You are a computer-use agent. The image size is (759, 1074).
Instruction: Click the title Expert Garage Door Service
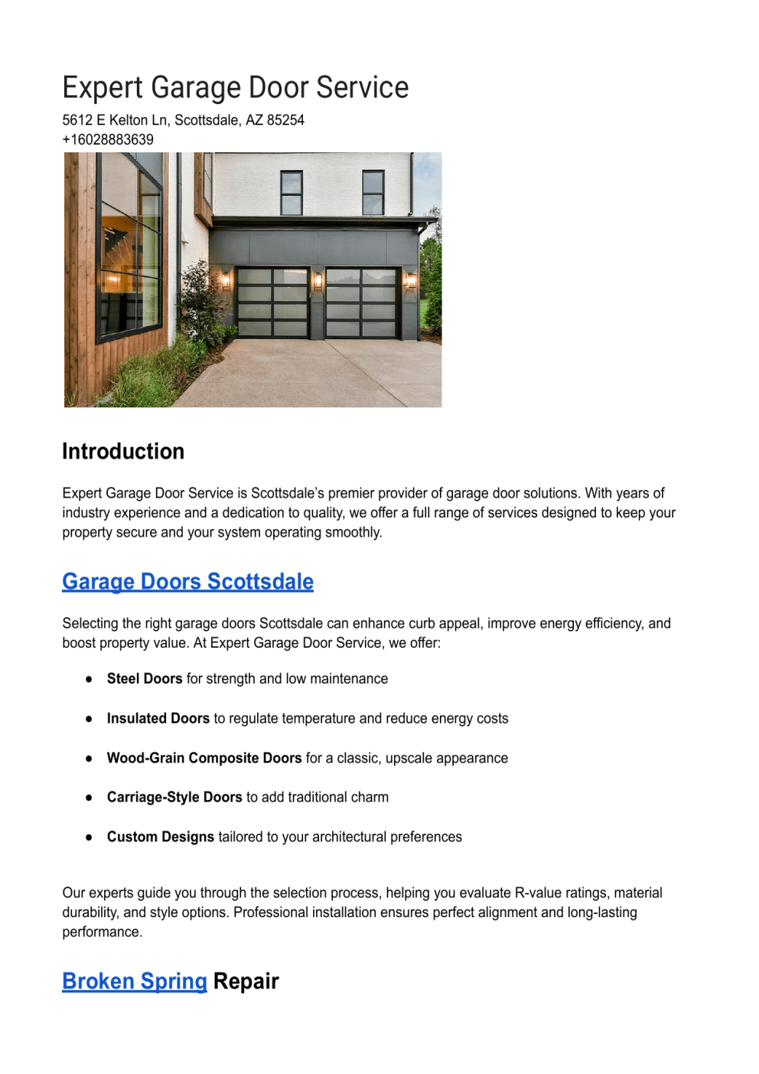point(235,88)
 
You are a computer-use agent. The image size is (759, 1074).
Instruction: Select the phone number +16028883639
point(108,139)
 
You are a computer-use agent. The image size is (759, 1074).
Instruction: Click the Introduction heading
point(123,451)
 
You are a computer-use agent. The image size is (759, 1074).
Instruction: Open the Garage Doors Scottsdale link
point(187,582)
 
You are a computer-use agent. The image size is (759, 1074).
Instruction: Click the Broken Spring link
point(135,981)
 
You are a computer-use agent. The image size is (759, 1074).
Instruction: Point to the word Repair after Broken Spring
point(246,981)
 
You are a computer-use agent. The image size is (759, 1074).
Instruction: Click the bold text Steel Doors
point(145,679)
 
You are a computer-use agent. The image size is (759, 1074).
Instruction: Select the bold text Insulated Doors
point(158,719)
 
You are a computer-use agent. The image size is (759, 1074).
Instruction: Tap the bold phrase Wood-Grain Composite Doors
point(204,759)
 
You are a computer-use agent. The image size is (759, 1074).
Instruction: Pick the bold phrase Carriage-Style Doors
point(174,798)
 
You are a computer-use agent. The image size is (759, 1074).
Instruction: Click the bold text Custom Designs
point(161,837)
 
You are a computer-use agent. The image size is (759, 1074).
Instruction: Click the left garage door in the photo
point(272,303)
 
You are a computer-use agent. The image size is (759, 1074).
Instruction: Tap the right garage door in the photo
point(362,303)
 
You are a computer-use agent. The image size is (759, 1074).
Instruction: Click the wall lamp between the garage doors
point(318,281)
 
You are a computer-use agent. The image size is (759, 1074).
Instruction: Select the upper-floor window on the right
point(373,192)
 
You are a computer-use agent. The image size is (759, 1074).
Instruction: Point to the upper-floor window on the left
point(292,193)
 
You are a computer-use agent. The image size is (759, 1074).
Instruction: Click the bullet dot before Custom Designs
point(90,837)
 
